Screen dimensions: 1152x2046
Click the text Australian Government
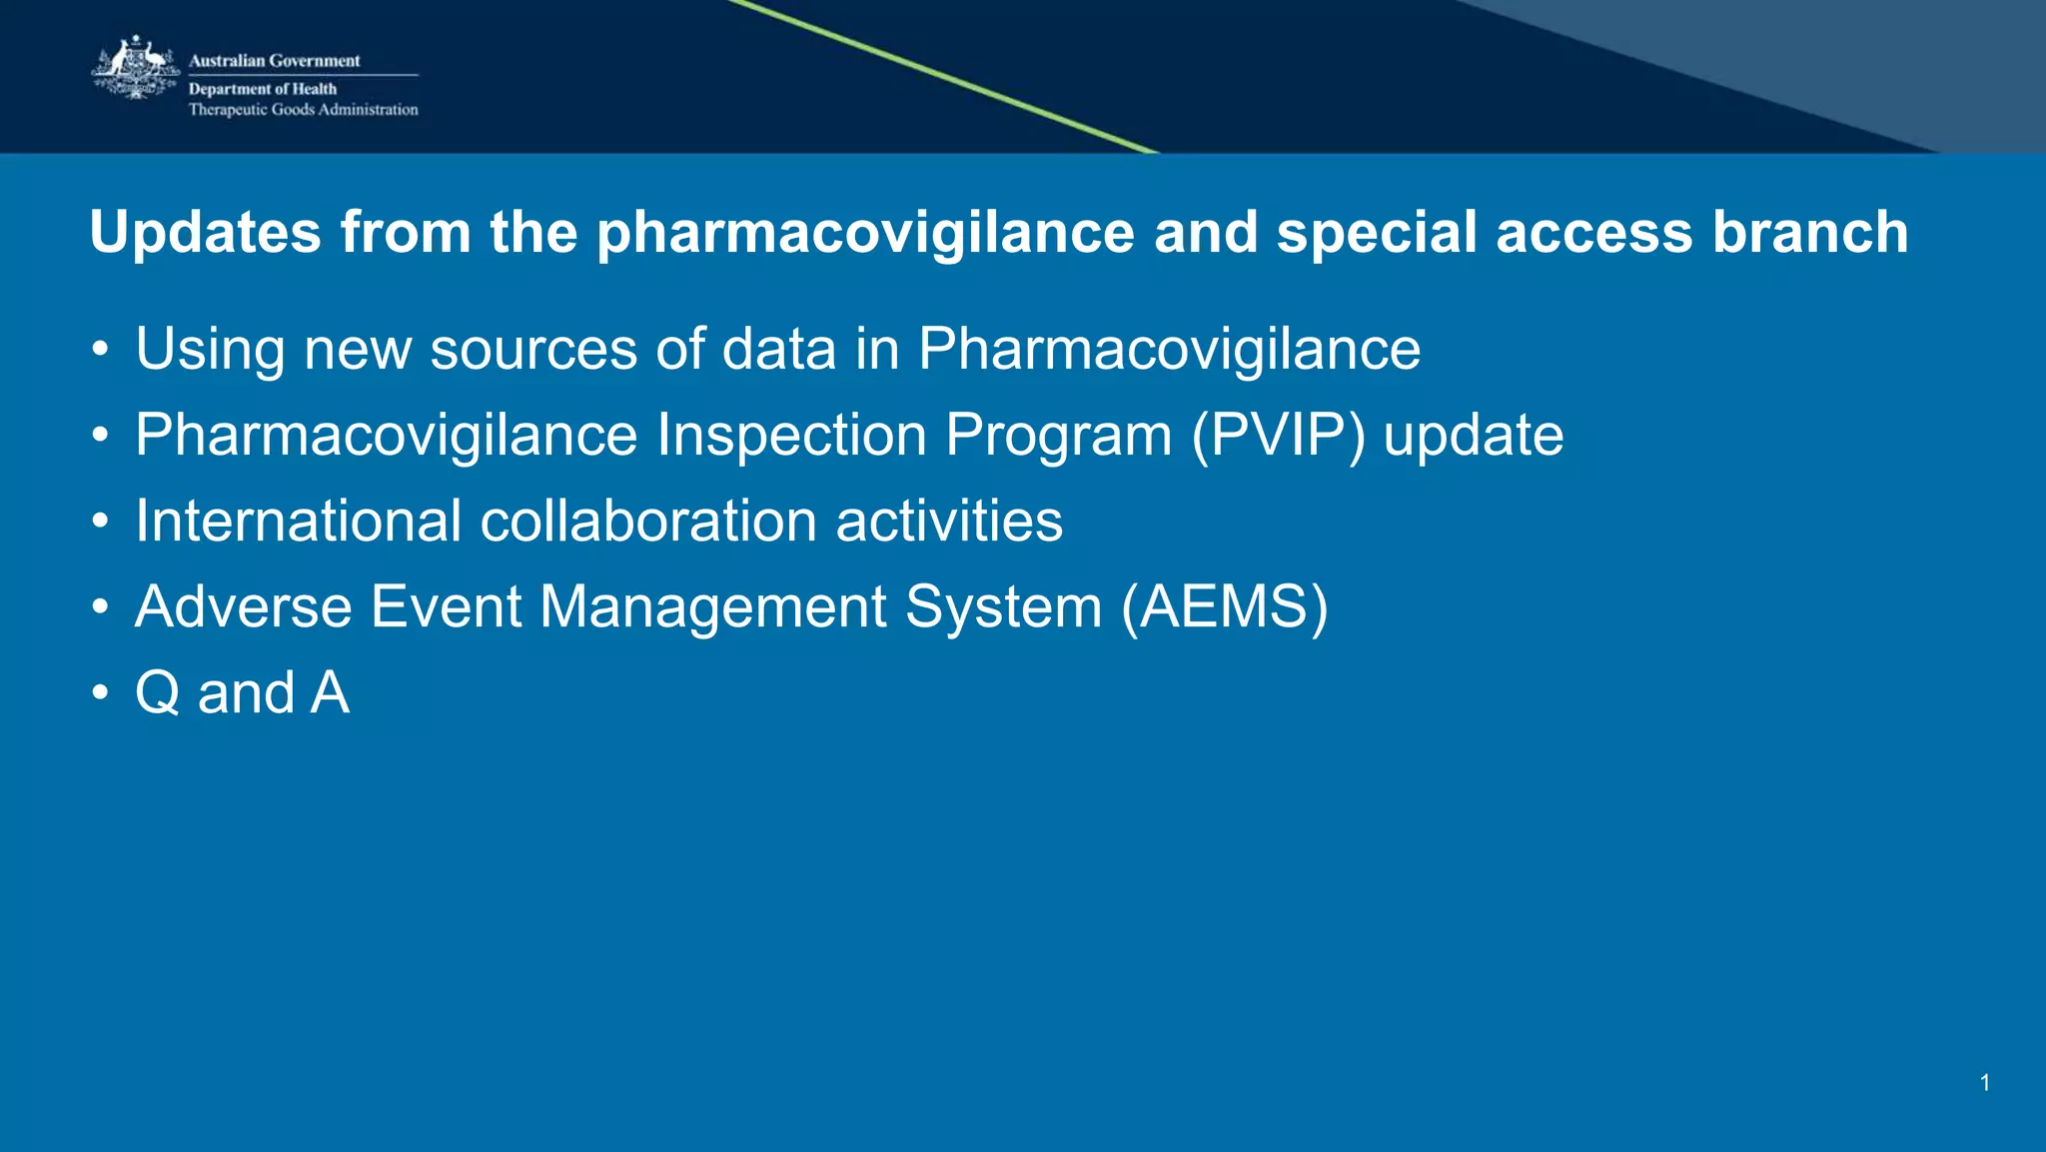(x=274, y=61)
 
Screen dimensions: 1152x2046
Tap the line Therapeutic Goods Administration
(x=303, y=110)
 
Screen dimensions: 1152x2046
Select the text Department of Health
(x=262, y=89)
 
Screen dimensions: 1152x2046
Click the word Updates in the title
(x=206, y=233)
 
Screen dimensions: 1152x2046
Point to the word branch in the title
(x=1810, y=233)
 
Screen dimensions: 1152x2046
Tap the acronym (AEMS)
(x=1224, y=607)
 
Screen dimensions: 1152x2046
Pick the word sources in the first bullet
(x=533, y=350)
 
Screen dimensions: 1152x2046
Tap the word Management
(x=712, y=607)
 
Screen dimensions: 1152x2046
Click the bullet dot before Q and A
(x=99, y=693)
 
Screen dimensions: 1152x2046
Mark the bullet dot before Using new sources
(x=99, y=350)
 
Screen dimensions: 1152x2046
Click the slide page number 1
(x=1985, y=1083)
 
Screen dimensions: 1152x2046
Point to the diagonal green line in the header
(x=944, y=77)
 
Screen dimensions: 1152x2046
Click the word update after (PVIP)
(x=1473, y=436)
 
